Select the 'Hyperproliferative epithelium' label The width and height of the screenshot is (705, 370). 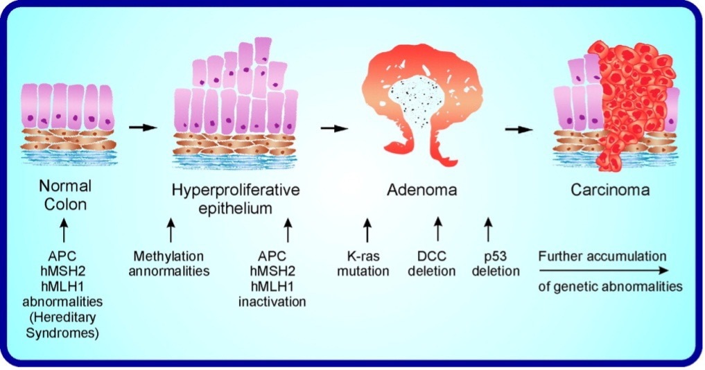236,197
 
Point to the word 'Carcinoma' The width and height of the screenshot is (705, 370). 610,189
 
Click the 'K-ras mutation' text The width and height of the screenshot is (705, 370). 363,264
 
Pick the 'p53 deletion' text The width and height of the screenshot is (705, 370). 496,264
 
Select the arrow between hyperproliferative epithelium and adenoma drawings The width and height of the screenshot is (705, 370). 334,128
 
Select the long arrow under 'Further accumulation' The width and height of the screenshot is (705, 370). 603,271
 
